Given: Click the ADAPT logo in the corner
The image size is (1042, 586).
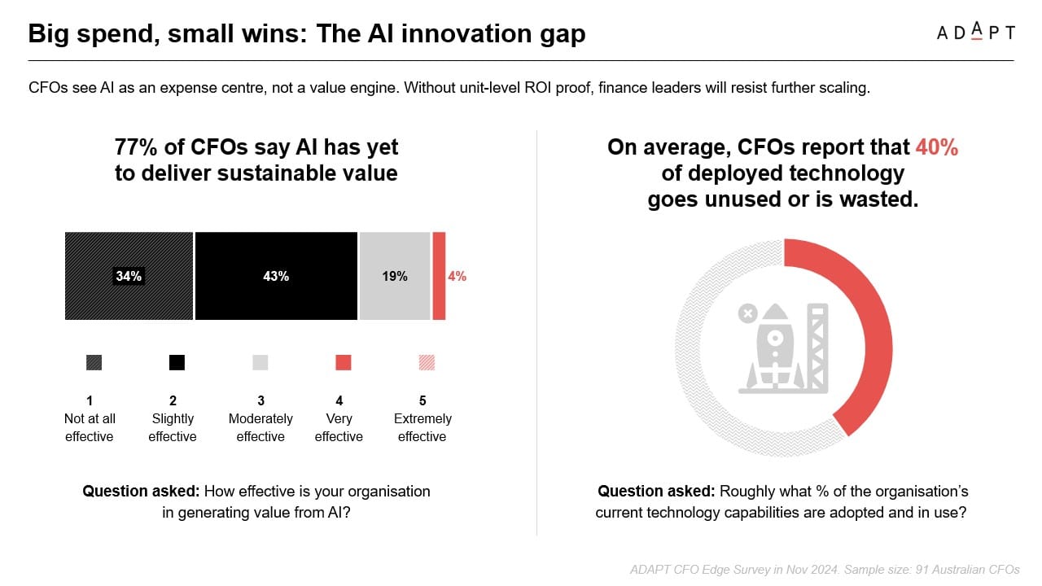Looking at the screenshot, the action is coord(975,32).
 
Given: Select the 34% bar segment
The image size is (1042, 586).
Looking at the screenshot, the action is coord(129,276).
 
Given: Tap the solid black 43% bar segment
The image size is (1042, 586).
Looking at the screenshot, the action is coord(276,276).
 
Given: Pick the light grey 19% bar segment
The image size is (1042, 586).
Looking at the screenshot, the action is coord(395,276).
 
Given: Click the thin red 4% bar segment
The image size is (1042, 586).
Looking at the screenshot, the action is coord(439,276).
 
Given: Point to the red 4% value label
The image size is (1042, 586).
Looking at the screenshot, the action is coord(458,276).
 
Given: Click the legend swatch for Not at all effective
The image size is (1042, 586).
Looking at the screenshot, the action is coord(94,362).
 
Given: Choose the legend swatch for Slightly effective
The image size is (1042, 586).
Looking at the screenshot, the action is coord(177,362).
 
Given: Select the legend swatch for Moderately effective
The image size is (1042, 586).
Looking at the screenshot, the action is coord(260,362).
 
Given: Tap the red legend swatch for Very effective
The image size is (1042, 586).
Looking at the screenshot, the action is coord(344,362).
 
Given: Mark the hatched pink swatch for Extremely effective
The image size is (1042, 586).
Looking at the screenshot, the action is coord(427,362).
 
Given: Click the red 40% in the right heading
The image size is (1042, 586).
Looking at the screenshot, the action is coord(937,147).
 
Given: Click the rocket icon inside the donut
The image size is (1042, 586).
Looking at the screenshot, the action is coord(774,347).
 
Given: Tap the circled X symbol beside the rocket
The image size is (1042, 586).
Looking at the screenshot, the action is coord(747,313).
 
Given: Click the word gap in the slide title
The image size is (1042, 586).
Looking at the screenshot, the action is coord(563,34).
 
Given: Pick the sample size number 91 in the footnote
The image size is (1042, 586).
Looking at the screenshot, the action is coord(922,570).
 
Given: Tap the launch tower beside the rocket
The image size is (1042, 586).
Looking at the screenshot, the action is coord(817,348).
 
